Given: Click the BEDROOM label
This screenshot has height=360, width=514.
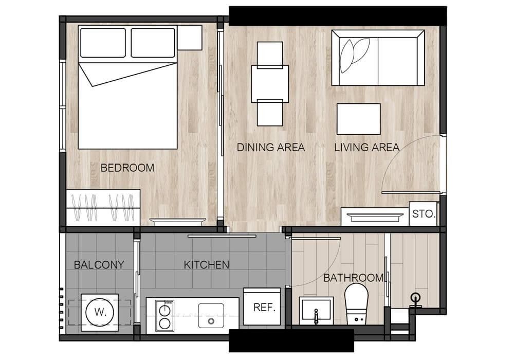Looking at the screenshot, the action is pos(127,168).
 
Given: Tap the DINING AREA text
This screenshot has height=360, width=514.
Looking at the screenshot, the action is pos(271,148).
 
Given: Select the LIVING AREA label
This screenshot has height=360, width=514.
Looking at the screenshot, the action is pos(367,148).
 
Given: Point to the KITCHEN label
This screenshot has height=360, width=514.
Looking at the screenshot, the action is pos(207,265).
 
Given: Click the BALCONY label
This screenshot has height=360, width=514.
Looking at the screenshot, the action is pos(99,265).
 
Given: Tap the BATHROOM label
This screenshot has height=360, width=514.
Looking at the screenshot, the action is pos(354,278).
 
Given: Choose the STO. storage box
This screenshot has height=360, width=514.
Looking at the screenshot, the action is pos(423,214).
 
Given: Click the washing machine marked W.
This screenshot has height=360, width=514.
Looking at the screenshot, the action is pos(100,312).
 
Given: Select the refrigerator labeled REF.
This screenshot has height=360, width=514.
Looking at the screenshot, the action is pos(262,307).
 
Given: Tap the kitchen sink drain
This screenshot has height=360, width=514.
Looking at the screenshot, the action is pos(211,321).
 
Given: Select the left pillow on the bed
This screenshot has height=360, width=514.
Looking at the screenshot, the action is pos(103,43).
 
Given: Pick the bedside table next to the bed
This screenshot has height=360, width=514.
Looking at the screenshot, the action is pos(190,38).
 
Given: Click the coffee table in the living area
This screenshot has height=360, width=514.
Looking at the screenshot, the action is pos(359,119).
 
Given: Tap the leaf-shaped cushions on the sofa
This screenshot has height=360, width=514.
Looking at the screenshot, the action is pos(354,55).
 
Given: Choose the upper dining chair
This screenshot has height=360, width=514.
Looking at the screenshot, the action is pos(270,55).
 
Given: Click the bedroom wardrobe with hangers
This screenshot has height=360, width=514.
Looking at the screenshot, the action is pos(103,207).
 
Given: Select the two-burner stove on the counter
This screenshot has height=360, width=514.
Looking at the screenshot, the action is pos(164,315).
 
